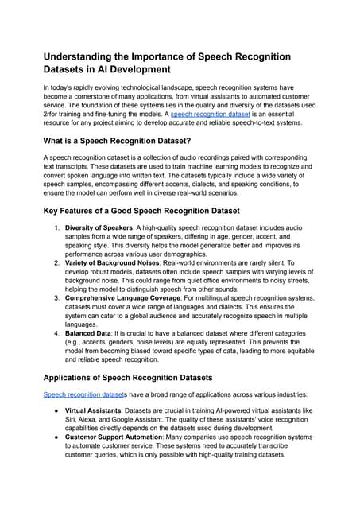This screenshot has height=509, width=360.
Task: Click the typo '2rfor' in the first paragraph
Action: pyautogui.click(x=53, y=124)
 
